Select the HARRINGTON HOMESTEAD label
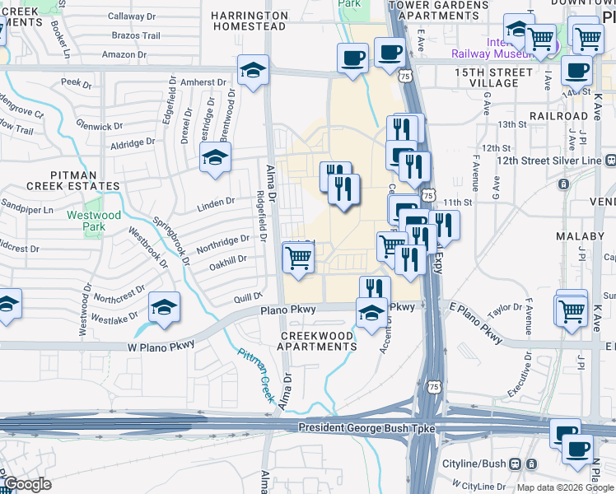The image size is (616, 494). point(249,21)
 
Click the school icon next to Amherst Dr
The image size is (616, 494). point(254,69)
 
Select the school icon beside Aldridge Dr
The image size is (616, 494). point(215,156)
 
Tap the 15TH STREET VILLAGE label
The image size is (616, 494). point(493,78)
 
